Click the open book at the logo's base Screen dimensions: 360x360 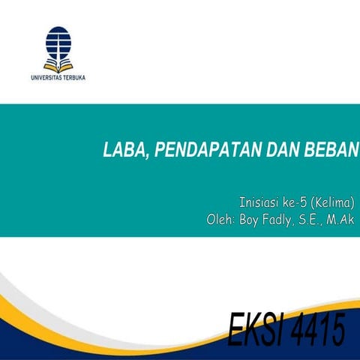tap(58, 65)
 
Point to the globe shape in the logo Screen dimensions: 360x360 tap(58, 41)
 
